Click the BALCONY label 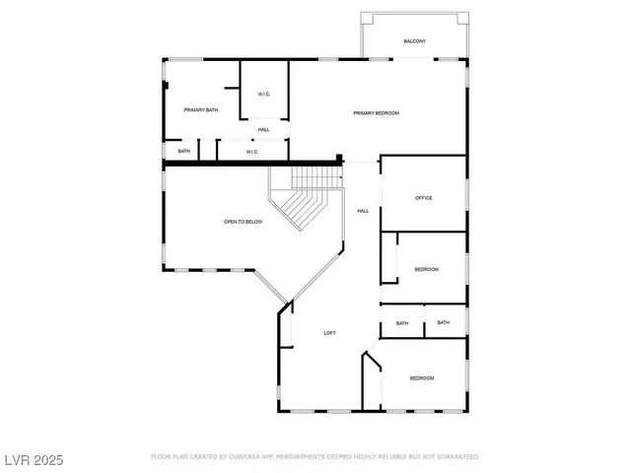(x=414, y=40)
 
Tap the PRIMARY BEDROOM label (x=376, y=113)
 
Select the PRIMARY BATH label (x=200, y=109)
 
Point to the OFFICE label (x=423, y=198)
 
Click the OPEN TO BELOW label (x=243, y=223)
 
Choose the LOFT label (x=330, y=333)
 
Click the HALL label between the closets (x=264, y=130)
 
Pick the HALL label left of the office (x=363, y=211)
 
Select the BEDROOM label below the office (x=426, y=269)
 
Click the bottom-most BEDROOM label (x=421, y=378)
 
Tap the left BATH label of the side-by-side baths (x=402, y=323)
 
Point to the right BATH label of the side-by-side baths (x=444, y=322)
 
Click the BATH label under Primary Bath (x=184, y=151)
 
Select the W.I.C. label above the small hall (x=263, y=95)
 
